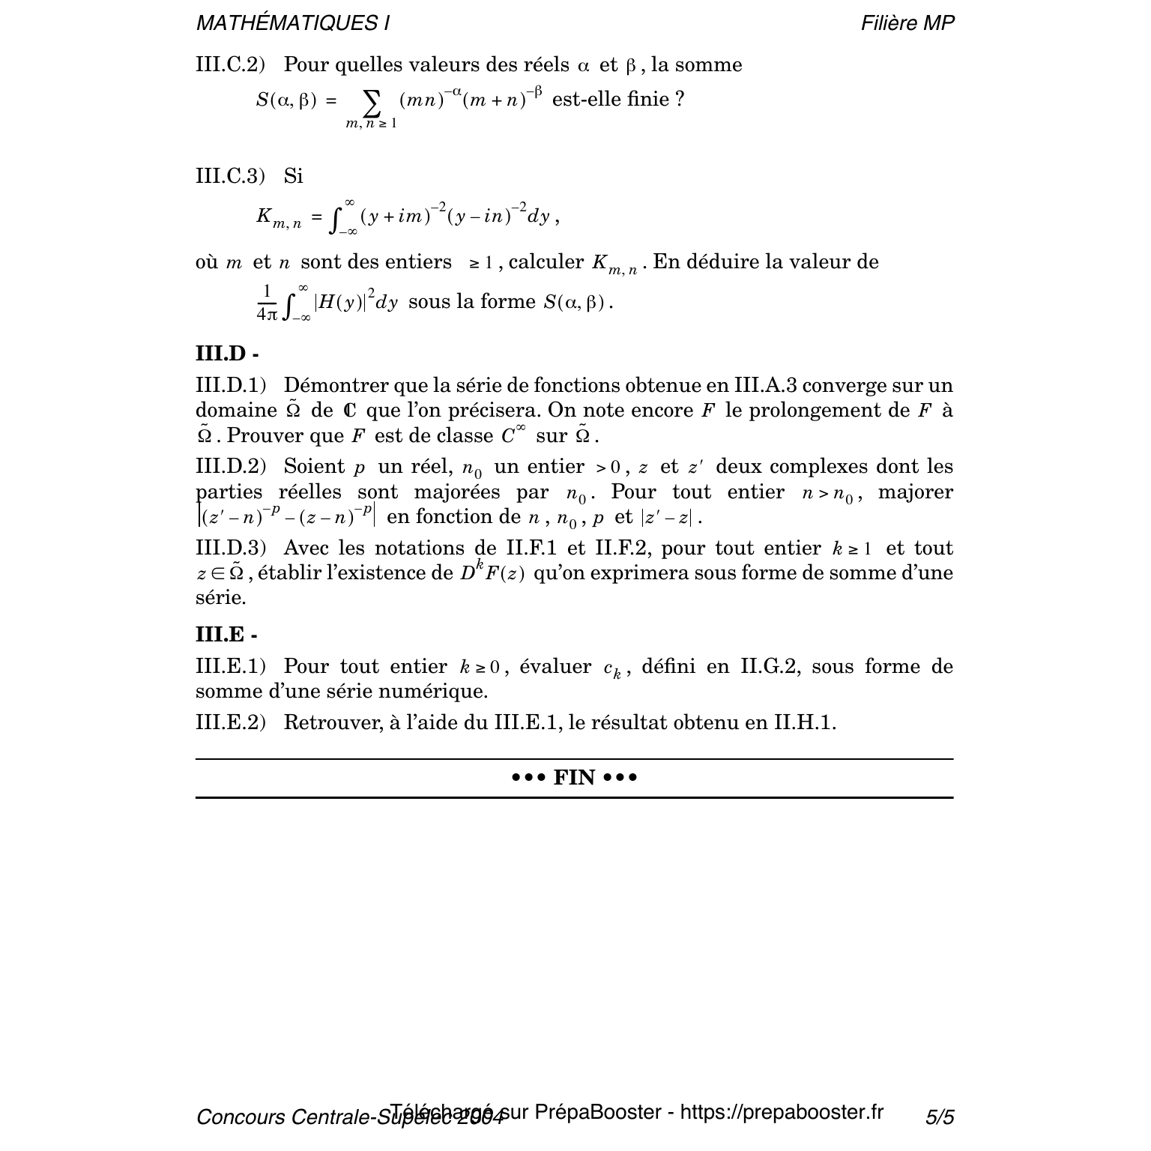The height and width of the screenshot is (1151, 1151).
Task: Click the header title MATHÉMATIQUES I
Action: tap(292, 23)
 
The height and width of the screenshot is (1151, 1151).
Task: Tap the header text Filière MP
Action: tap(907, 23)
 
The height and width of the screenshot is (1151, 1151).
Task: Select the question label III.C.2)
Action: tap(230, 65)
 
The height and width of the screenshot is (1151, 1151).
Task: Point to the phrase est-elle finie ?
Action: tap(617, 99)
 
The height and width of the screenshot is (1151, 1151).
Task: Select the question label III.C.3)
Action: tap(230, 176)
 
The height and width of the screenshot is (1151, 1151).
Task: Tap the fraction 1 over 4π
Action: tap(266, 303)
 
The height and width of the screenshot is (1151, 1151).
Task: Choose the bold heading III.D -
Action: tap(227, 353)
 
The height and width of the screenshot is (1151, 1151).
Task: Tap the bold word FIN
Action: tap(574, 778)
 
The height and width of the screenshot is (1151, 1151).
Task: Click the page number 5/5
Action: tap(940, 1117)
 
